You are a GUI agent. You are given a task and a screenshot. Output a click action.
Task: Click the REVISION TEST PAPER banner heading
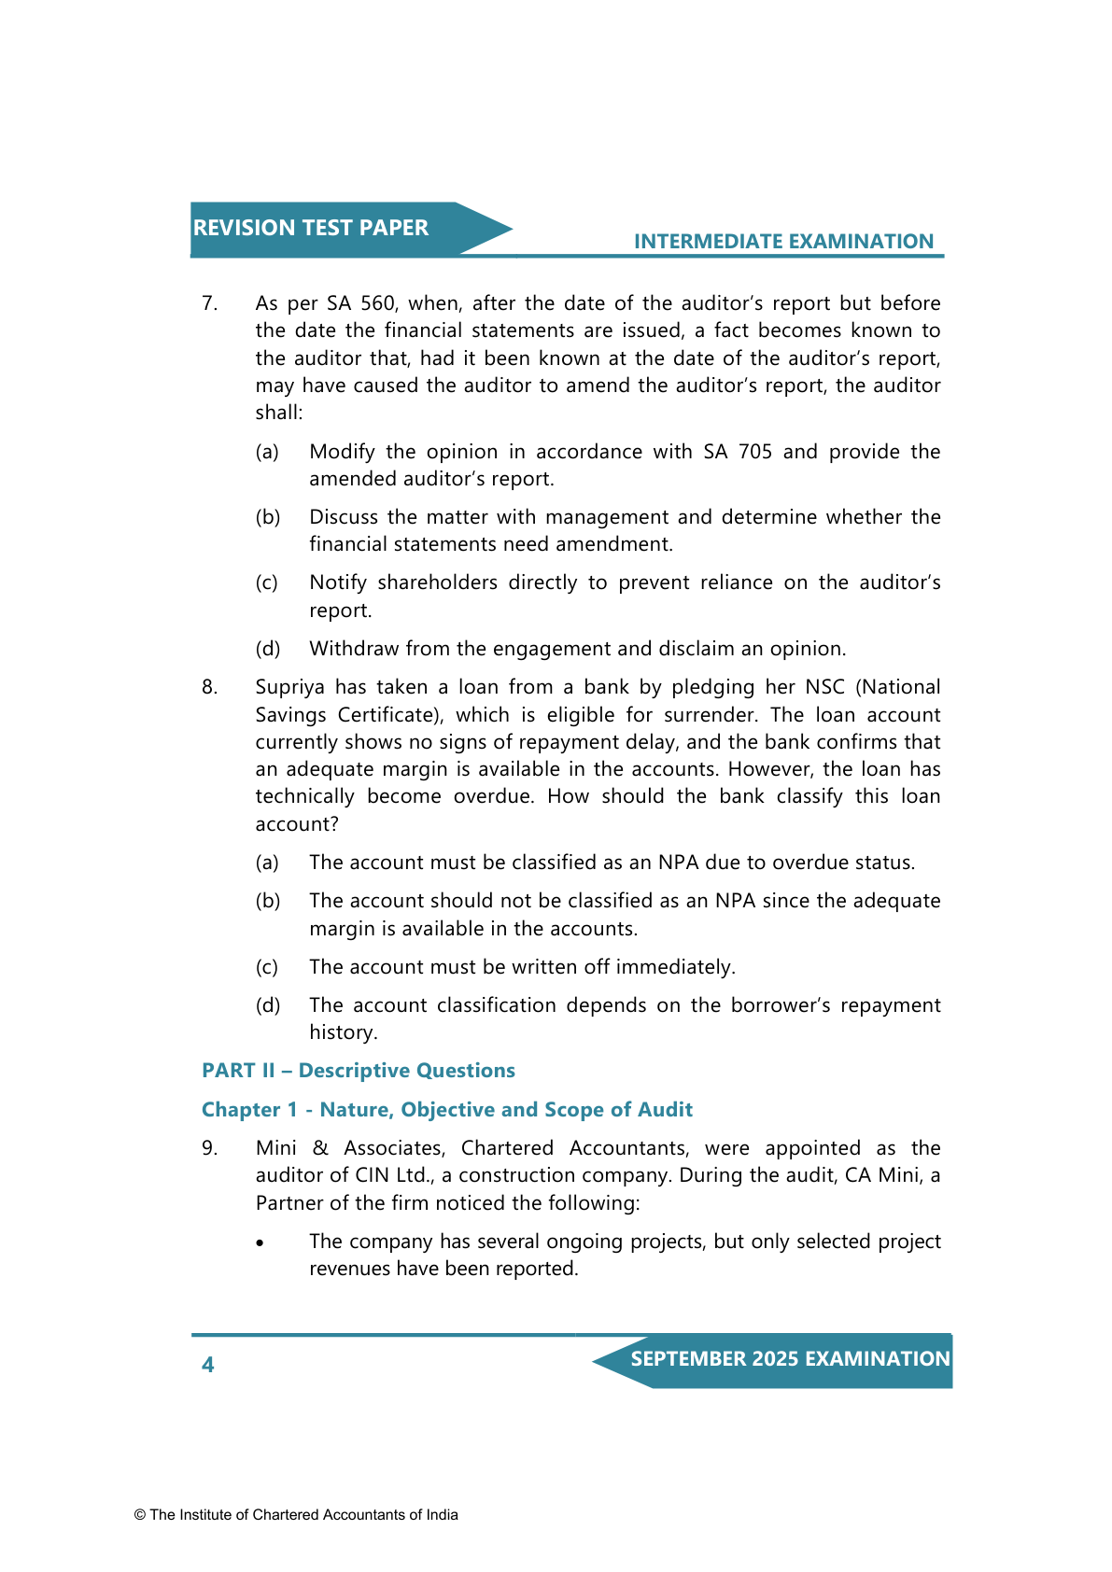click(311, 228)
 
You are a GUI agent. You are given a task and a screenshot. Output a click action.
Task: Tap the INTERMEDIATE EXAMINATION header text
click(783, 242)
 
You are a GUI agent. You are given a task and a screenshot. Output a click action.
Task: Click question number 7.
click(209, 303)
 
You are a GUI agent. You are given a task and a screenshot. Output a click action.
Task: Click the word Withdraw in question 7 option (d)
click(351, 649)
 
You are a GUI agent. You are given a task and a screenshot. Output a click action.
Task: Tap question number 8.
click(209, 687)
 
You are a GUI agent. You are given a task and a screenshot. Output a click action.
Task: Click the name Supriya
click(289, 687)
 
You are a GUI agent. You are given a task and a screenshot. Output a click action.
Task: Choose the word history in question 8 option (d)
click(342, 1032)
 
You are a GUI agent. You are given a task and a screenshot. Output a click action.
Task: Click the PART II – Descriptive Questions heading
click(359, 1071)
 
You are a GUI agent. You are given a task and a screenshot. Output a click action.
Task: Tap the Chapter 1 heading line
click(447, 1110)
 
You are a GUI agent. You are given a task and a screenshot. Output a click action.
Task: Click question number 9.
click(209, 1148)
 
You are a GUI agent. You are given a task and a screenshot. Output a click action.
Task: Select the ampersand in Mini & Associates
click(320, 1148)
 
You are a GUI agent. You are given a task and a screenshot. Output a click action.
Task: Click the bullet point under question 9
click(260, 1243)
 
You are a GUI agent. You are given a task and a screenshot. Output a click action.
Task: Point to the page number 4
click(207, 1365)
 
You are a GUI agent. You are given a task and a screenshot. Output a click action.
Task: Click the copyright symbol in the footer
click(140, 1515)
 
